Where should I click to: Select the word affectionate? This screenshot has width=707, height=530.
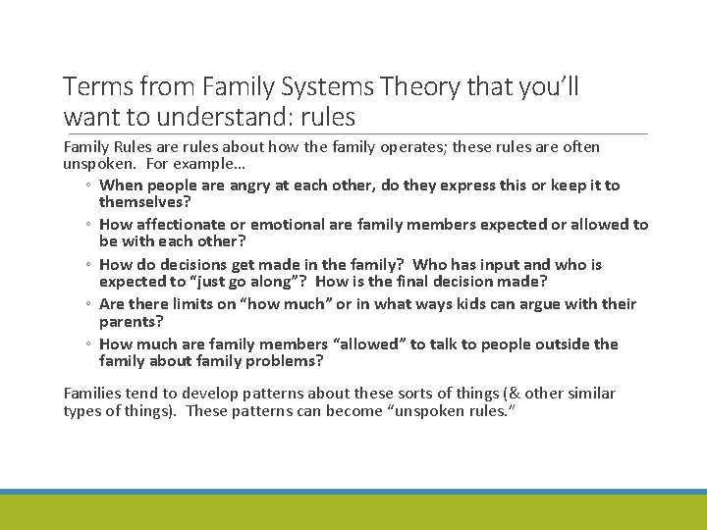coord(181,225)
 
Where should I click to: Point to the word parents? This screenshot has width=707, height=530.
coord(131,321)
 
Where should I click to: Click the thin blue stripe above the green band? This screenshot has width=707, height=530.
coord(353,492)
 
